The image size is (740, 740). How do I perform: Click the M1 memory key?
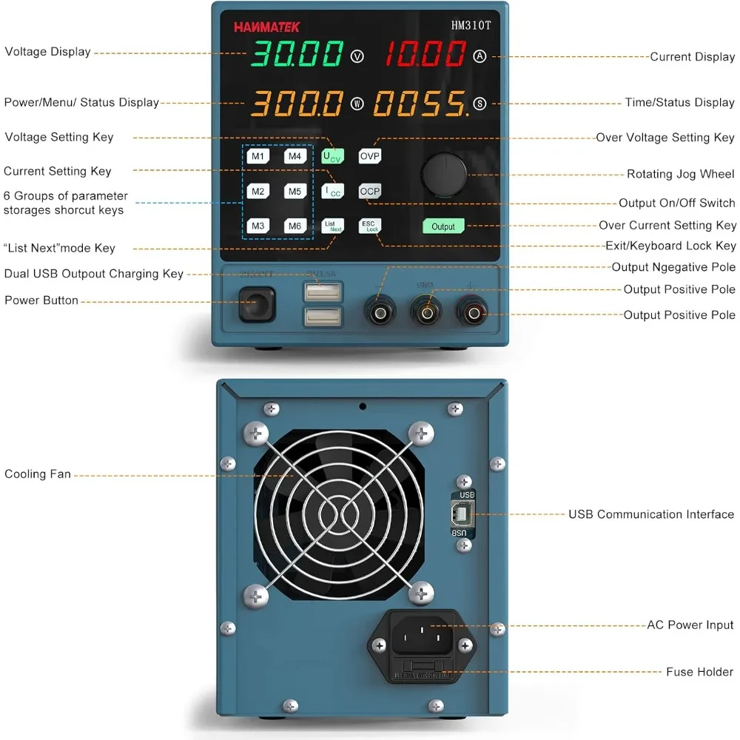pyautogui.click(x=258, y=157)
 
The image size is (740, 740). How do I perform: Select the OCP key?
pyautogui.click(x=369, y=192)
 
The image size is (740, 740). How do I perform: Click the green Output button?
pyautogui.click(x=443, y=226)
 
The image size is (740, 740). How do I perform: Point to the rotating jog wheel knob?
pyautogui.click(x=443, y=175)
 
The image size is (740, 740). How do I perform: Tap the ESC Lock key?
pyautogui.click(x=369, y=226)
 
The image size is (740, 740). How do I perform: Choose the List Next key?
pyautogui.click(x=333, y=226)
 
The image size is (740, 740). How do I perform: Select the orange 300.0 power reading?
pyautogui.click(x=297, y=104)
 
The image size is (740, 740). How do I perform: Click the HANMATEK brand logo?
pyautogui.click(x=267, y=27)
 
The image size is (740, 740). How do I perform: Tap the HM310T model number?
pyautogui.click(x=470, y=25)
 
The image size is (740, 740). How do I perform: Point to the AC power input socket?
pyautogui.click(x=421, y=634)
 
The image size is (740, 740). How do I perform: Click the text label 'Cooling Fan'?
pyautogui.click(x=38, y=474)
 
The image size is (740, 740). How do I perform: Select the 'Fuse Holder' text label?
pyautogui.click(x=699, y=672)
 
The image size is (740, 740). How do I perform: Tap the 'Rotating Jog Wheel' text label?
pyautogui.click(x=680, y=175)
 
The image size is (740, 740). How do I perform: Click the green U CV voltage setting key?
pyautogui.click(x=333, y=157)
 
